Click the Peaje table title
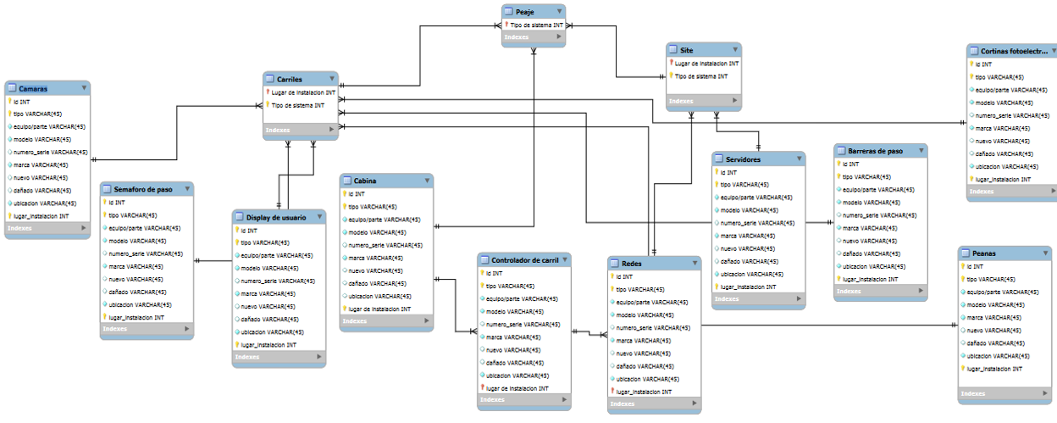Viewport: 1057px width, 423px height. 524,12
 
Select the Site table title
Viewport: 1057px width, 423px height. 686,50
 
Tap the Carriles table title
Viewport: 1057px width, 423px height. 290,79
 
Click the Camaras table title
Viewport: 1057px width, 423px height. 33,88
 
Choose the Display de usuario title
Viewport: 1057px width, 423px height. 271,217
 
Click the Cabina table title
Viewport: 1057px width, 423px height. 365,181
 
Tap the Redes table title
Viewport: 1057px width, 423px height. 632,264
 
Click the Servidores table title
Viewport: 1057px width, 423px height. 744,159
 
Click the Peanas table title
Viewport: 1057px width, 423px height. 984,253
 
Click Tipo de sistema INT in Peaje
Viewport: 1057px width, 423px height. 536,25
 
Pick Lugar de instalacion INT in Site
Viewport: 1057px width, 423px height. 706,63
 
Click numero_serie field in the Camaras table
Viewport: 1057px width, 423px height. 50,152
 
